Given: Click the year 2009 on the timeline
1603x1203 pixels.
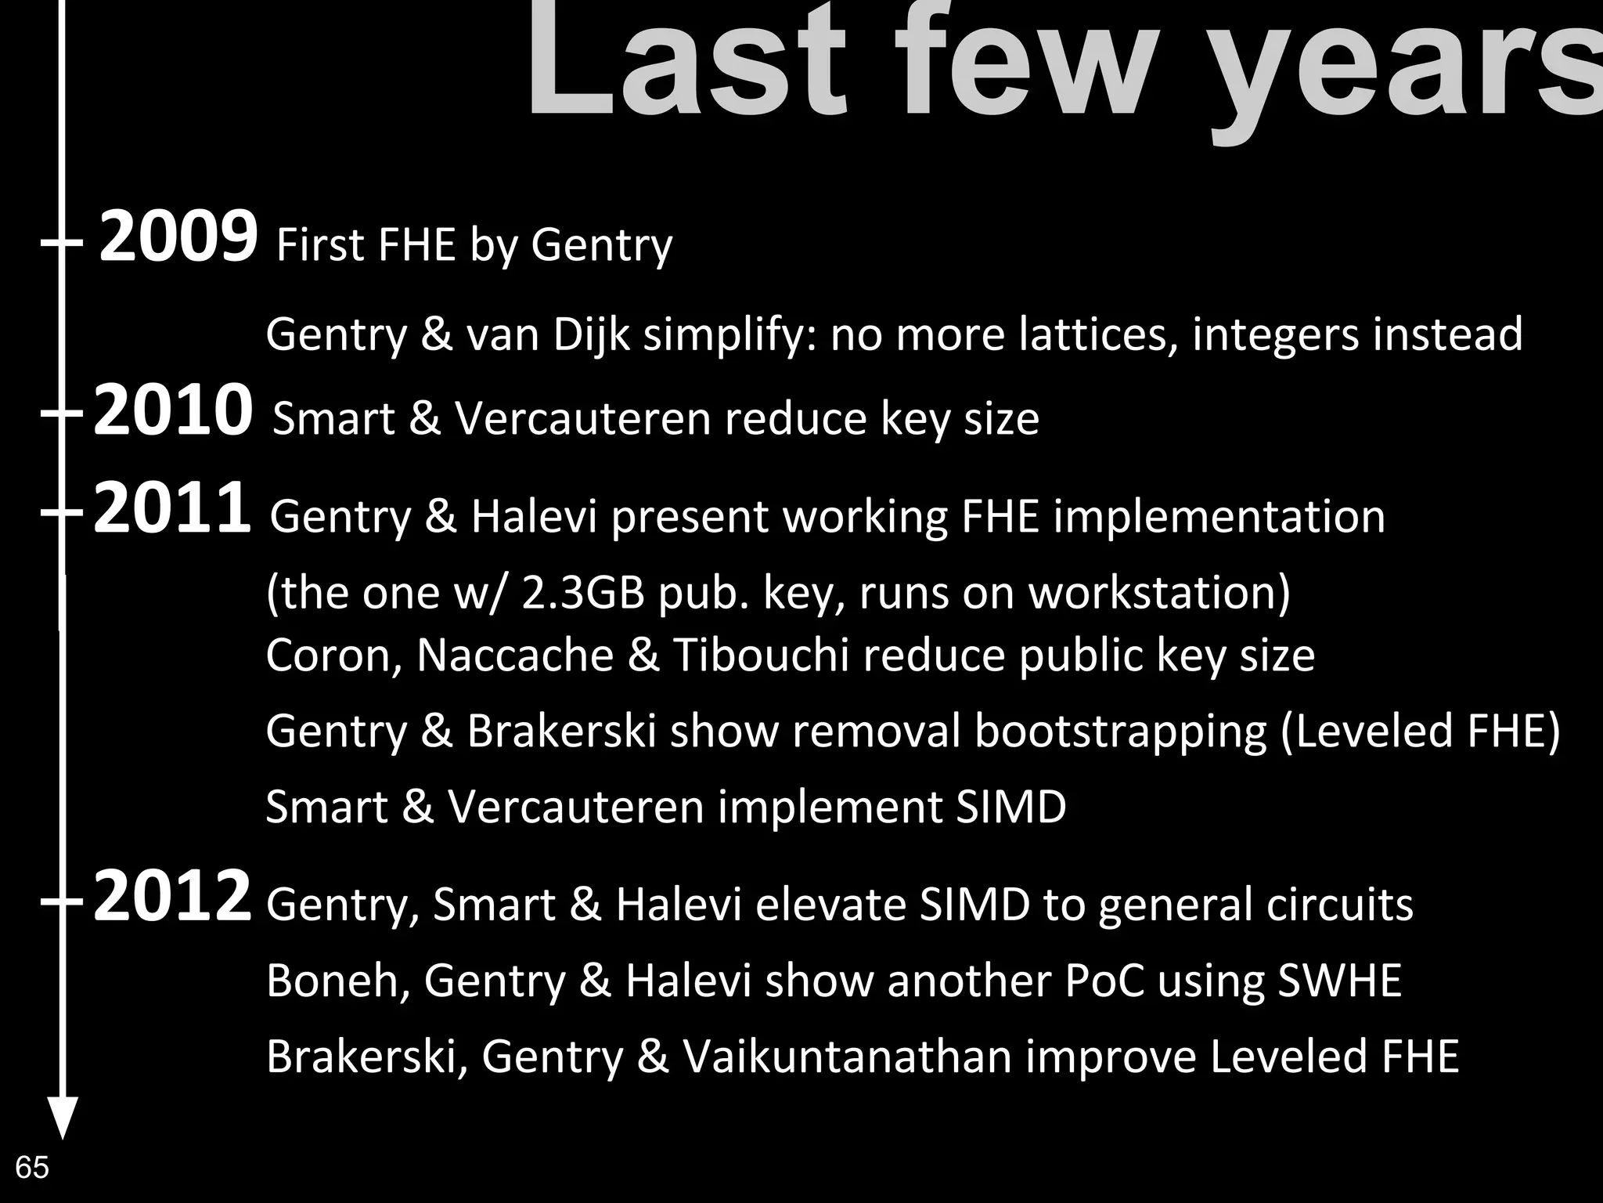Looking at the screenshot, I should pyautogui.click(x=178, y=237).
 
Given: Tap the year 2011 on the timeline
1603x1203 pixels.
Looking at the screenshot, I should pyautogui.click(x=172, y=509).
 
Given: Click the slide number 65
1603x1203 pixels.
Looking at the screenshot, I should pyautogui.click(x=32, y=1167).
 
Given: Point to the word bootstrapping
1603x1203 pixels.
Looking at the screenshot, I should pyautogui.click(x=1120, y=732).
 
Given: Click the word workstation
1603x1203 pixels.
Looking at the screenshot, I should pyautogui.click(x=1158, y=592).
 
